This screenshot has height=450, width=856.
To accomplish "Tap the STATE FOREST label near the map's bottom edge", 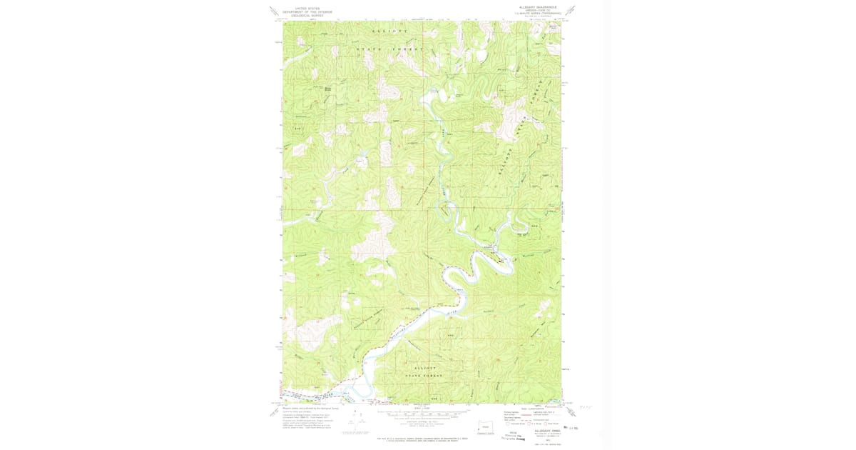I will (x=424, y=375).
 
